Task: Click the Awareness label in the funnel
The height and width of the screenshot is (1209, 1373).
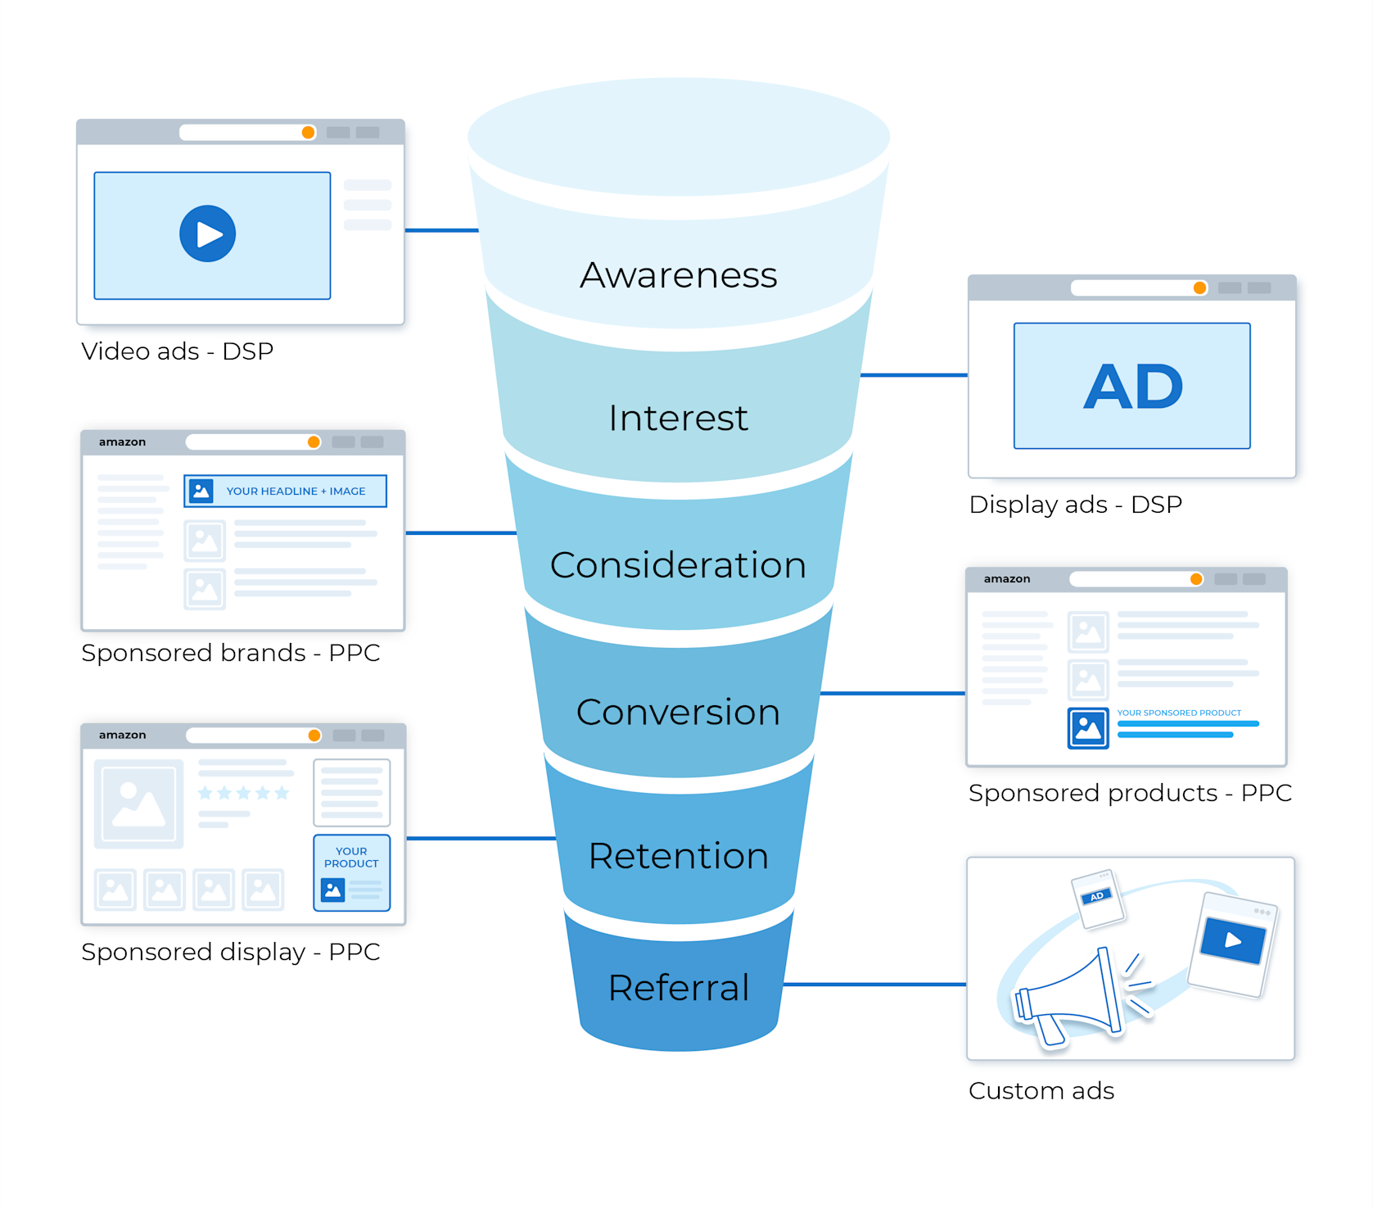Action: coord(679,275)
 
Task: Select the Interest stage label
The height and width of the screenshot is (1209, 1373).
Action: coord(678,419)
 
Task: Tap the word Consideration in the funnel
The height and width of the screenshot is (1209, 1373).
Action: coord(678,565)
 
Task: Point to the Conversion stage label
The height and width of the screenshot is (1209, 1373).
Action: coord(678,712)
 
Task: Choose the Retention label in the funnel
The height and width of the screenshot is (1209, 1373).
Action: coord(678,856)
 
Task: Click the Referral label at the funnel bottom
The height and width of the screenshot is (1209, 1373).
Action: coord(679,988)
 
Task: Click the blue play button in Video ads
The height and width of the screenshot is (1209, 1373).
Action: coord(208,233)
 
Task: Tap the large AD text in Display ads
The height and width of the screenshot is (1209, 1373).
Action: coord(1133,387)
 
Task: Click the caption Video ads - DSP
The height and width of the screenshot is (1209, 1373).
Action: coord(177,351)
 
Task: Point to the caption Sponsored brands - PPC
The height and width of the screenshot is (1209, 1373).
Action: coord(231,653)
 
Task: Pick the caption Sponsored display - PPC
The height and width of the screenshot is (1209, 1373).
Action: coord(231,952)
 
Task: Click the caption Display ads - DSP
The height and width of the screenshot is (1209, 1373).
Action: coord(1075,505)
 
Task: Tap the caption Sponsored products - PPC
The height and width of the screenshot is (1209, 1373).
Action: coord(1130,793)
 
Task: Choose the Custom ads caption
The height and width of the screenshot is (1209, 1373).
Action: coord(1041,1091)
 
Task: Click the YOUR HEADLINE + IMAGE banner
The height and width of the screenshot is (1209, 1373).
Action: coord(285,491)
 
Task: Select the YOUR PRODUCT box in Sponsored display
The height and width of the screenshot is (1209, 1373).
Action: coord(352,872)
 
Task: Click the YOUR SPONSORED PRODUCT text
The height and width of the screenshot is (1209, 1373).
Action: coord(1179,713)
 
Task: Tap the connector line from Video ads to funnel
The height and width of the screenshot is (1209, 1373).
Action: coord(441,230)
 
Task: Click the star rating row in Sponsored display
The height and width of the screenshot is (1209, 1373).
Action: coord(244,793)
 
